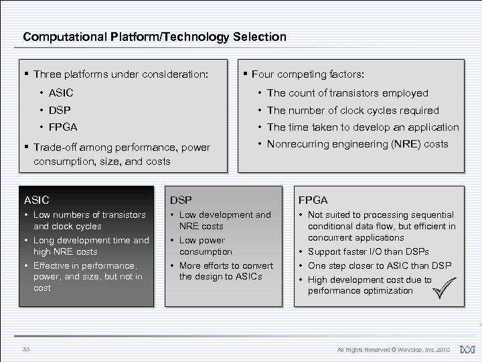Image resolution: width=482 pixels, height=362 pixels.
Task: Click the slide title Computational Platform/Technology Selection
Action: (x=154, y=37)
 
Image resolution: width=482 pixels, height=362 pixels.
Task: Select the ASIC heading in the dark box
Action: (x=37, y=200)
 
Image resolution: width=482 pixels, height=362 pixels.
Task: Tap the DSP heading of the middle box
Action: (x=181, y=200)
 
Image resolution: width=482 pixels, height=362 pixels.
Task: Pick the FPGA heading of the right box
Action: (x=313, y=200)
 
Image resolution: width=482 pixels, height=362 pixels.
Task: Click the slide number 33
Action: (x=26, y=349)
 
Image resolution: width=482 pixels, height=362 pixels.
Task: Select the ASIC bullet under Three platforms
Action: (x=60, y=93)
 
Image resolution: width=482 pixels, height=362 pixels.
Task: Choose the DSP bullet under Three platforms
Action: (x=59, y=110)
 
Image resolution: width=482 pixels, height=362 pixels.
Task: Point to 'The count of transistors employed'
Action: (x=347, y=93)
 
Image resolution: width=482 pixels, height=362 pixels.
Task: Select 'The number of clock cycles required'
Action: (x=353, y=110)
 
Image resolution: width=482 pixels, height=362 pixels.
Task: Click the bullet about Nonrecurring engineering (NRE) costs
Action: (x=357, y=144)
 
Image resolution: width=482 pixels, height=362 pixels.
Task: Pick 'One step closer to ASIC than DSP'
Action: (x=379, y=265)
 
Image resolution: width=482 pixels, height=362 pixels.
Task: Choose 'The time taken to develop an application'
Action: (x=362, y=127)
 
